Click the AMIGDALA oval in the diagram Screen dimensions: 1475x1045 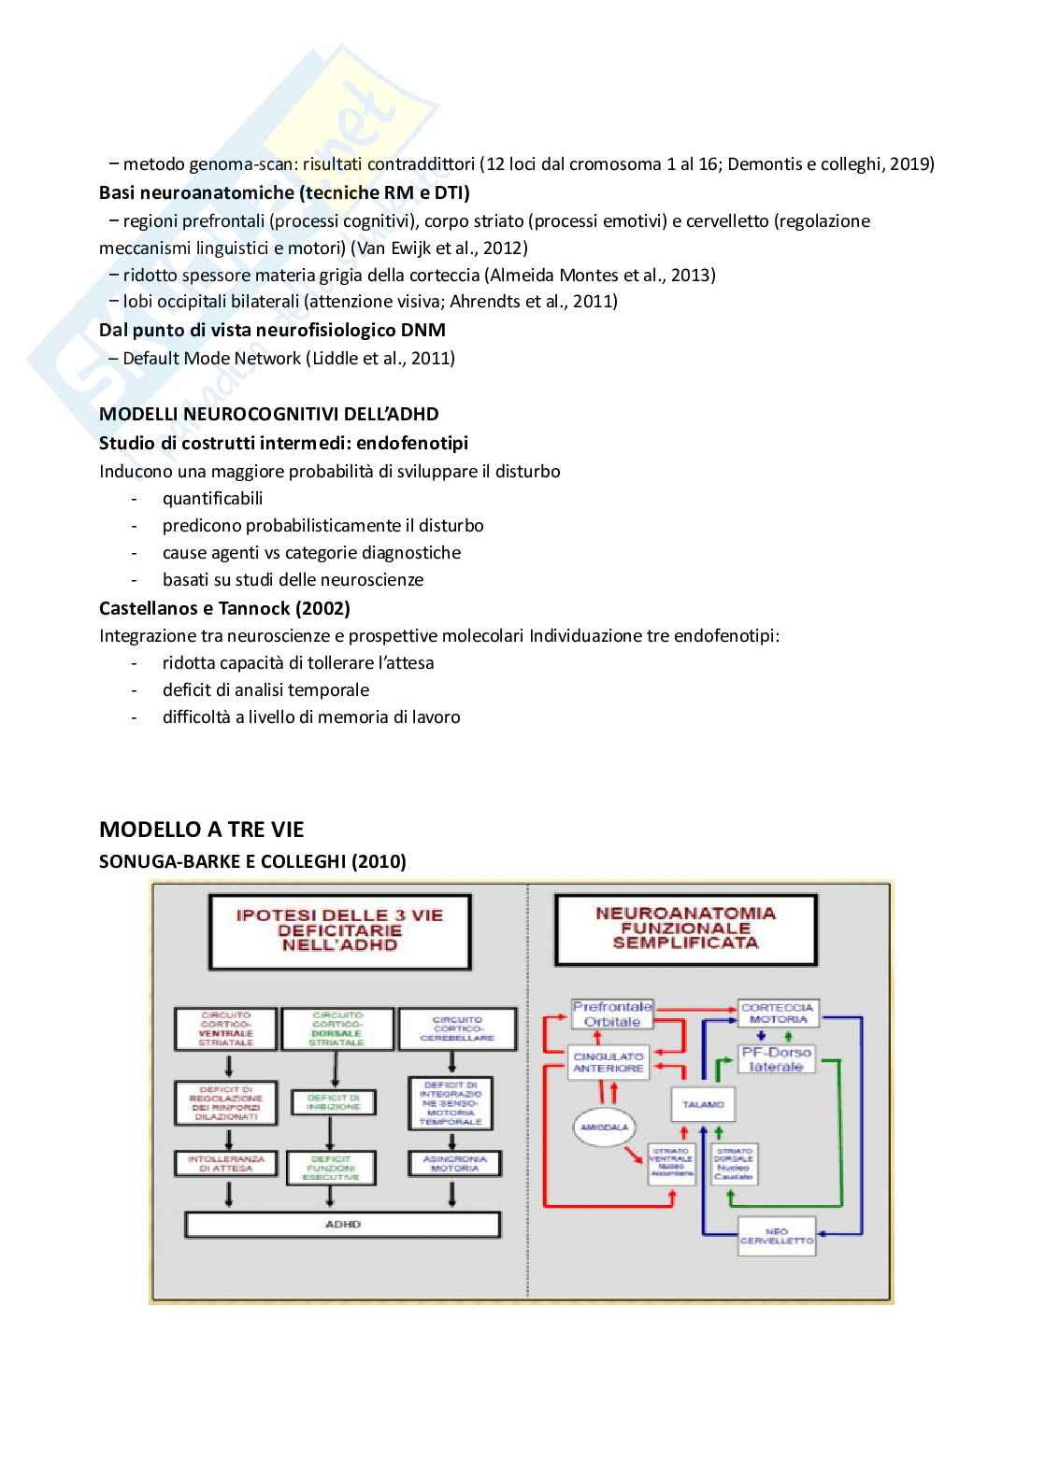(604, 1128)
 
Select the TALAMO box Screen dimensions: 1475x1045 (703, 1104)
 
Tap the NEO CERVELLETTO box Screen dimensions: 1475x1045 (777, 1236)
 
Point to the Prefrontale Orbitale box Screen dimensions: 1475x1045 (611, 1014)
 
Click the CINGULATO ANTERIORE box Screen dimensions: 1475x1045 (608, 1062)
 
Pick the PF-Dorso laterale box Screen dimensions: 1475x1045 (777, 1059)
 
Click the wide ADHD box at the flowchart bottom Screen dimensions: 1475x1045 (343, 1224)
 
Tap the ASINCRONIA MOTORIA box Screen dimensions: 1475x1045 (454, 1163)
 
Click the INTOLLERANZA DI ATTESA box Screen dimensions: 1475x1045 (226, 1163)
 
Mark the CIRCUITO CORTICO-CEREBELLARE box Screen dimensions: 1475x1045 (457, 1029)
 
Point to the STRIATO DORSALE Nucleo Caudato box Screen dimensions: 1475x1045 (734, 1164)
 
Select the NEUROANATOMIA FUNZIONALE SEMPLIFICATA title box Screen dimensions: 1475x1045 (685, 929)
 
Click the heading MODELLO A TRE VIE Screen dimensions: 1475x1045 (202, 830)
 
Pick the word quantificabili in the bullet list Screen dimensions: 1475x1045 (213, 498)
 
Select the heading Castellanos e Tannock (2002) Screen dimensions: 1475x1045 (224, 608)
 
